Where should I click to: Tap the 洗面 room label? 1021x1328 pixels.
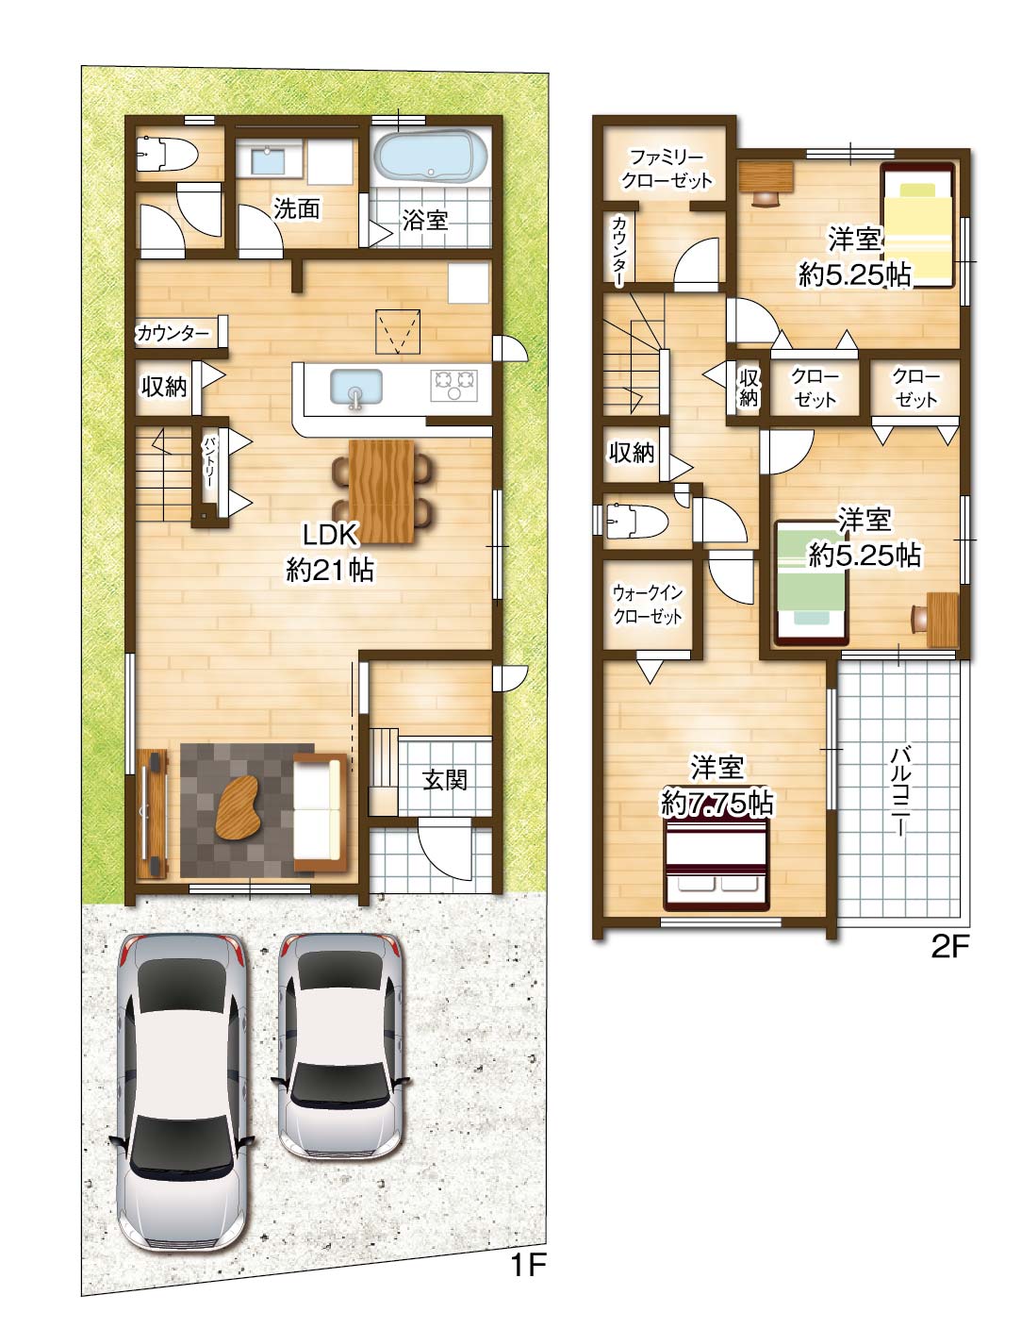coord(296,208)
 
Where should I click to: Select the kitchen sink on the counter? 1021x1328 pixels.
coord(356,388)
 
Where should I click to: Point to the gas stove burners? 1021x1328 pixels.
coord(453,385)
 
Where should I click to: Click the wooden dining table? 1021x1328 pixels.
coord(382,490)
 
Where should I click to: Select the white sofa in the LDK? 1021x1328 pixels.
coord(320,812)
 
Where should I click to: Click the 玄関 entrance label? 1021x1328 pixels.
coord(445,779)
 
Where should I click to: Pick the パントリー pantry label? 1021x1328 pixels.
coord(208,462)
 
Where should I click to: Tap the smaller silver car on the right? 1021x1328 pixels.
coord(340,1044)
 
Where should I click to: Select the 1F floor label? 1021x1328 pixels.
coord(527,1264)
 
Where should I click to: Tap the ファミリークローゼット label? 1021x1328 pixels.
coord(667,169)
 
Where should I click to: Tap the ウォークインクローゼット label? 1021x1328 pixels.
coord(648,604)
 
